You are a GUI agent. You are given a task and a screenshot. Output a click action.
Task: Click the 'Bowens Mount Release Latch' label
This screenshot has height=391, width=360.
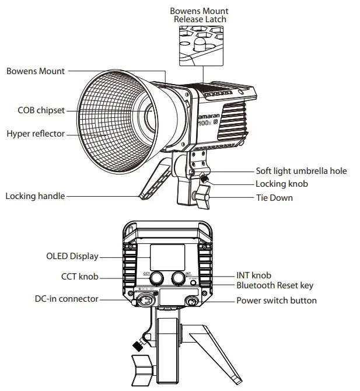(x=199, y=15)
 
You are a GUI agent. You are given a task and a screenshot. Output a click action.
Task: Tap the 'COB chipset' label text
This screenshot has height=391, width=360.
(x=40, y=110)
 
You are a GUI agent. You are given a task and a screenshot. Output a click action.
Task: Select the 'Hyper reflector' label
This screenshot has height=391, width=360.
(x=36, y=134)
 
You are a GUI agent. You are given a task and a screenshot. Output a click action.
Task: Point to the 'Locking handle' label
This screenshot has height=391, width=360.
(x=35, y=196)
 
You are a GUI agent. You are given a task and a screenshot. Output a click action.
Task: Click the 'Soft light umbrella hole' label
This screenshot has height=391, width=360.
(x=301, y=171)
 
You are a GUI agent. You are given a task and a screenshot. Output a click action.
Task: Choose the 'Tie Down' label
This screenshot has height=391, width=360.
(x=274, y=198)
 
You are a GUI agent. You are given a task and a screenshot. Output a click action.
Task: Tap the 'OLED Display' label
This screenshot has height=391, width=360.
(x=72, y=256)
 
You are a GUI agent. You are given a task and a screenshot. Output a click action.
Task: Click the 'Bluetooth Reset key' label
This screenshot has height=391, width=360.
(x=274, y=285)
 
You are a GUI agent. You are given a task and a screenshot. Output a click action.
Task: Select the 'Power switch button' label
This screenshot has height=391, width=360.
(x=276, y=301)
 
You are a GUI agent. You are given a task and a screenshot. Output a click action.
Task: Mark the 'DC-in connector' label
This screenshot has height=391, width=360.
(x=66, y=299)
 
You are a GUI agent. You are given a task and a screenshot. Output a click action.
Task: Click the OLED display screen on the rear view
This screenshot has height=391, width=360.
(x=167, y=257)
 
